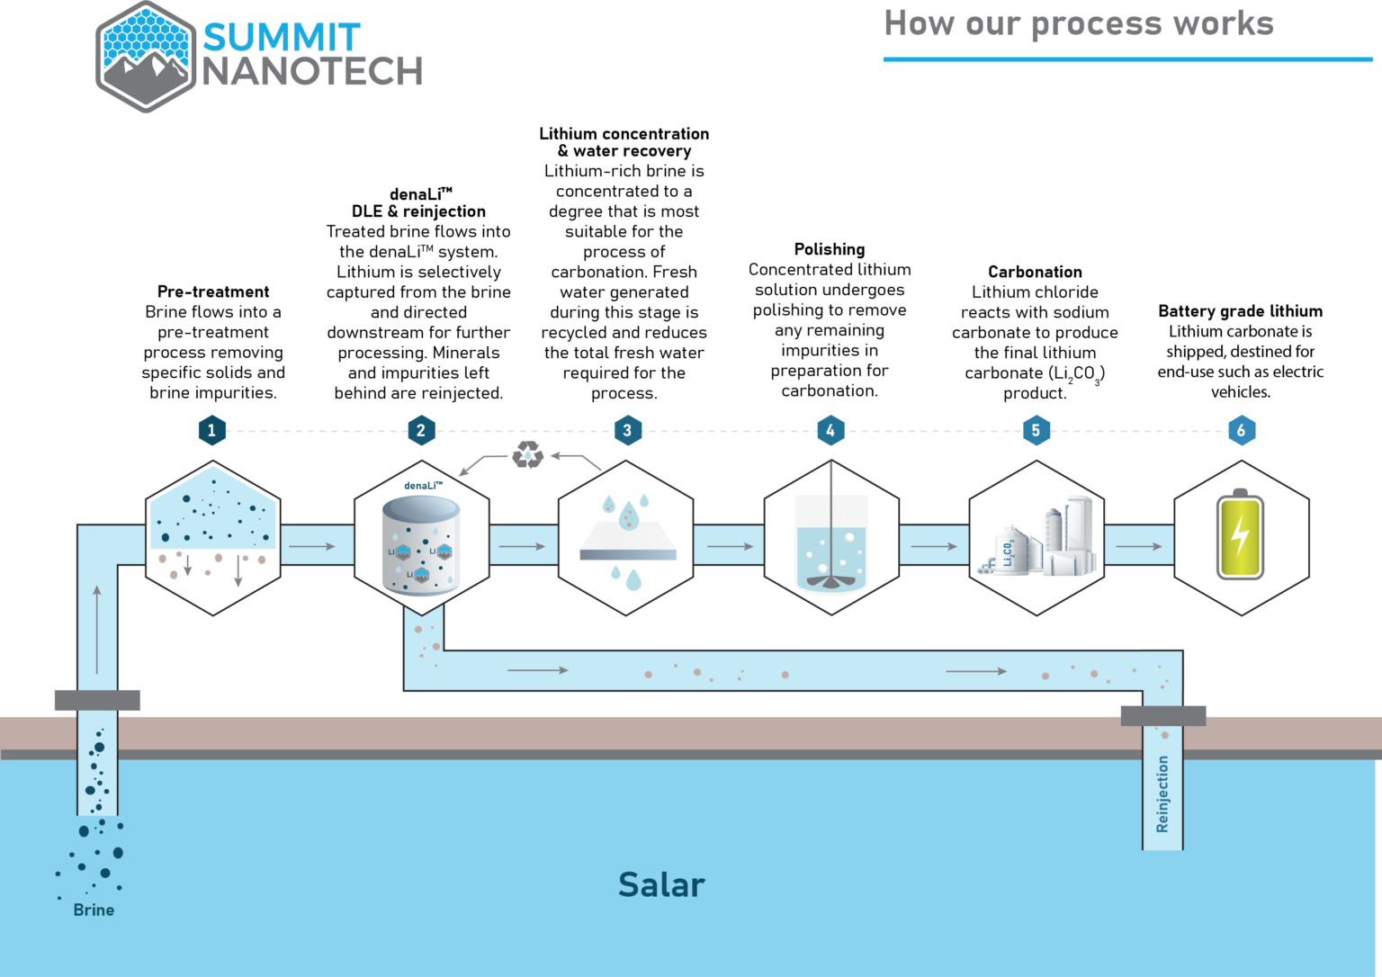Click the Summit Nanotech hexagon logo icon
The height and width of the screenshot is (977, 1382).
[146, 58]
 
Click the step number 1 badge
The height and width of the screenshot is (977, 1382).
[211, 430]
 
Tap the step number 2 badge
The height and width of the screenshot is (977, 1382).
[420, 430]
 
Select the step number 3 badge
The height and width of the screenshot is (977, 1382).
[627, 430]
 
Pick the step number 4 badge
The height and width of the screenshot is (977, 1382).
[830, 430]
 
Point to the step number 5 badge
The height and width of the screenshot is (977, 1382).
[1036, 430]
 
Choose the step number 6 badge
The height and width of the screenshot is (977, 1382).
[1241, 430]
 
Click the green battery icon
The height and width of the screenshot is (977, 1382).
[1240, 535]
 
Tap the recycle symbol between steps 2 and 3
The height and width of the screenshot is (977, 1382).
[528, 454]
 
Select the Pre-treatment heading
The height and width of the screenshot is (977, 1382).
[213, 291]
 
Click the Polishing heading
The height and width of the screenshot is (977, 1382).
[830, 249]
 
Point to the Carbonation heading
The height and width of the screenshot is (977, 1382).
[1035, 272]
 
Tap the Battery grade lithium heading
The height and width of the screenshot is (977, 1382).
[1240, 311]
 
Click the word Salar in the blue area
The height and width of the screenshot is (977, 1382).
[661, 885]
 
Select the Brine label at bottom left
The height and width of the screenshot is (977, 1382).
[94, 910]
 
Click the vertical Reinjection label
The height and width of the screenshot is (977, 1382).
[1162, 793]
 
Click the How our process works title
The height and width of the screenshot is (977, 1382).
[1079, 23]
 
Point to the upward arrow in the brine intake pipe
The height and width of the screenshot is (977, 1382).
[97, 629]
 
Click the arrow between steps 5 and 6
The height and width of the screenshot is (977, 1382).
[1138, 546]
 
